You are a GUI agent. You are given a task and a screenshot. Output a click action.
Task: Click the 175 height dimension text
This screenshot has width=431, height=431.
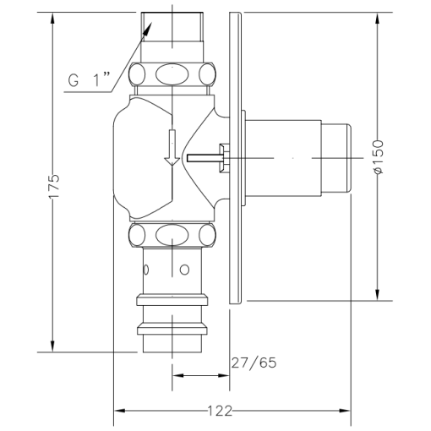point(53,185)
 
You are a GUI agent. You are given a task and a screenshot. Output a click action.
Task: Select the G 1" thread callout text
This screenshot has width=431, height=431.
point(90,82)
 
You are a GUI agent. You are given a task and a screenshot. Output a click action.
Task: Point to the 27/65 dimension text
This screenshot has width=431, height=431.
point(254,363)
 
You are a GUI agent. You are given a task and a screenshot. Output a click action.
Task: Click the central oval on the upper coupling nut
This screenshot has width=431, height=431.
point(172,73)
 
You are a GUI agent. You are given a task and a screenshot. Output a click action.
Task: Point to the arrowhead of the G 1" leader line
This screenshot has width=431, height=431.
point(149,28)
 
